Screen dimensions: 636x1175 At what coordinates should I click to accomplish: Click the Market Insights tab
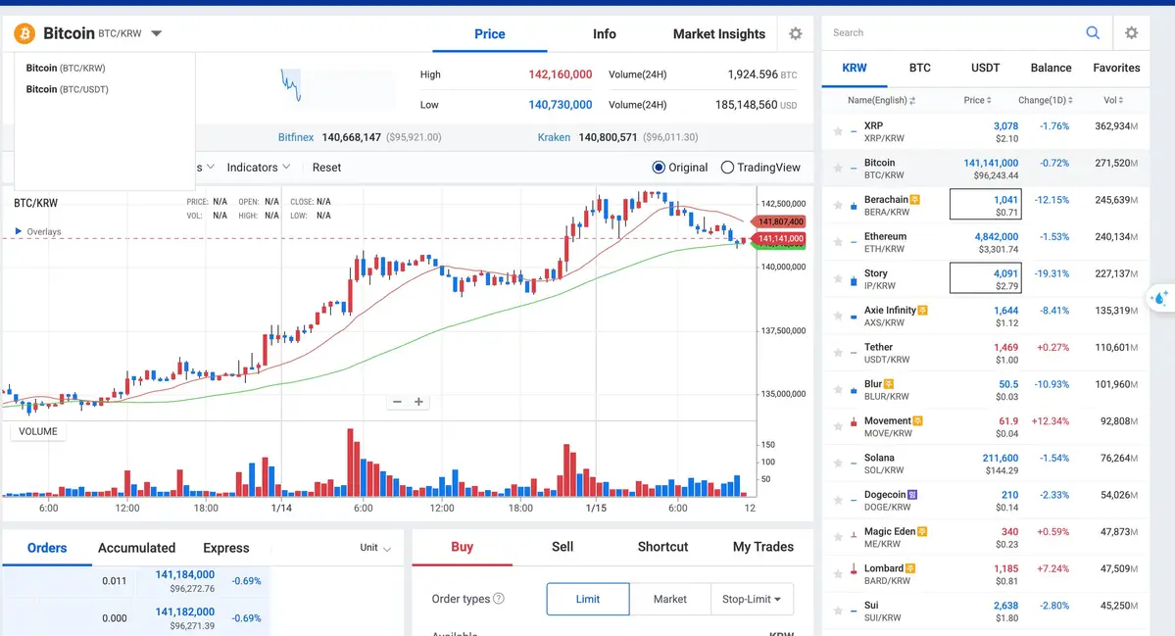(x=718, y=34)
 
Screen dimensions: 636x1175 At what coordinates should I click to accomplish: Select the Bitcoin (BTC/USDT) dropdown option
(x=67, y=89)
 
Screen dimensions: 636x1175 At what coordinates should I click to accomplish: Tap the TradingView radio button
(x=727, y=168)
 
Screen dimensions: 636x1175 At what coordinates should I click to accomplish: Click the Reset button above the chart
(x=326, y=168)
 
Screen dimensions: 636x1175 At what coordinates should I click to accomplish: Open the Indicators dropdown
(x=259, y=168)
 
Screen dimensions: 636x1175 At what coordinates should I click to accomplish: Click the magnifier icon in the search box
(x=1093, y=33)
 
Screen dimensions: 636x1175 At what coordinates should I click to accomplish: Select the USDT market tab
(x=985, y=68)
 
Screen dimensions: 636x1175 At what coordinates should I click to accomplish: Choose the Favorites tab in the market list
(x=1116, y=68)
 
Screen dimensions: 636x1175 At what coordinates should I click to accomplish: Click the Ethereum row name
(x=885, y=236)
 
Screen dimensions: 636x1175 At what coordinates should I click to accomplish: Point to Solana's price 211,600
(x=1000, y=458)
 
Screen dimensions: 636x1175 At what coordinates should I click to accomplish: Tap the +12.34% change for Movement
(x=1050, y=421)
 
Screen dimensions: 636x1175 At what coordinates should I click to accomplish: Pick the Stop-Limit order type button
(x=752, y=599)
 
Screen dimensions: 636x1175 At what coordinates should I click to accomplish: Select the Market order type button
(x=669, y=599)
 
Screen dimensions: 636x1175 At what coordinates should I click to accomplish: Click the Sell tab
(x=563, y=547)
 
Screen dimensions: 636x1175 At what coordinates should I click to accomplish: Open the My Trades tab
(x=762, y=547)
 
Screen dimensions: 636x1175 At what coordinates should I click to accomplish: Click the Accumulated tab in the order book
(x=136, y=548)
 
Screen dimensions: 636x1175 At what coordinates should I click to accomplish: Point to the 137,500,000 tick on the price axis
(x=783, y=331)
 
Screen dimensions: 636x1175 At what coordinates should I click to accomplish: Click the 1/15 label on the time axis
(x=597, y=509)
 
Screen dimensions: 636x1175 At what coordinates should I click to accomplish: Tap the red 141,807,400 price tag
(x=781, y=222)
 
